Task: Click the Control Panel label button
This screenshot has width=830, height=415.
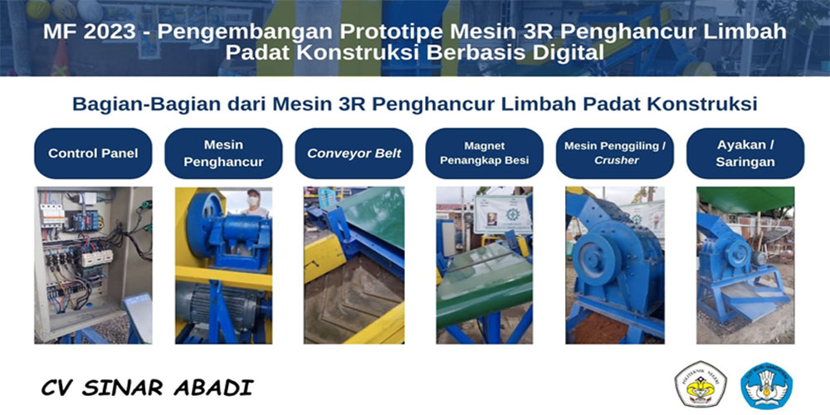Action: [x=93, y=154]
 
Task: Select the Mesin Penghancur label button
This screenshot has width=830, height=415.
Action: [x=223, y=154]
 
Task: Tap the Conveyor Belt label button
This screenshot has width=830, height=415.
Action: [x=354, y=154]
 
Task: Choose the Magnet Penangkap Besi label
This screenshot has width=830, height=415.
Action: [x=485, y=154]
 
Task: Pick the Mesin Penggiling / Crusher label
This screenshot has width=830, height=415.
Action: [x=615, y=154]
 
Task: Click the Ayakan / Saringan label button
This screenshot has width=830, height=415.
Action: [x=745, y=154]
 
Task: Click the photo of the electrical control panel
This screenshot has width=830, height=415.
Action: [x=93, y=266]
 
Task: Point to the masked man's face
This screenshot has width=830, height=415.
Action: [x=253, y=200]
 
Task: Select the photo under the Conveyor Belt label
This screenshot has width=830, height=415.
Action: [x=354, y=266]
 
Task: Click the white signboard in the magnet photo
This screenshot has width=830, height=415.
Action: [x=502, y=214]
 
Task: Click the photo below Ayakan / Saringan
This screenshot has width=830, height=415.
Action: [x=745, y=266]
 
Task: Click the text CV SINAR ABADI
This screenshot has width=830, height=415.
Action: [x=147, y=388]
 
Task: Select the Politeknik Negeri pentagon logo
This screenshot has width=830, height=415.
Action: [x=700, y=384]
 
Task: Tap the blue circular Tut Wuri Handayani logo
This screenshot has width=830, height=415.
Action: [x=766, y=385]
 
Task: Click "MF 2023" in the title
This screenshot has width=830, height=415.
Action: [x=89, y=32]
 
